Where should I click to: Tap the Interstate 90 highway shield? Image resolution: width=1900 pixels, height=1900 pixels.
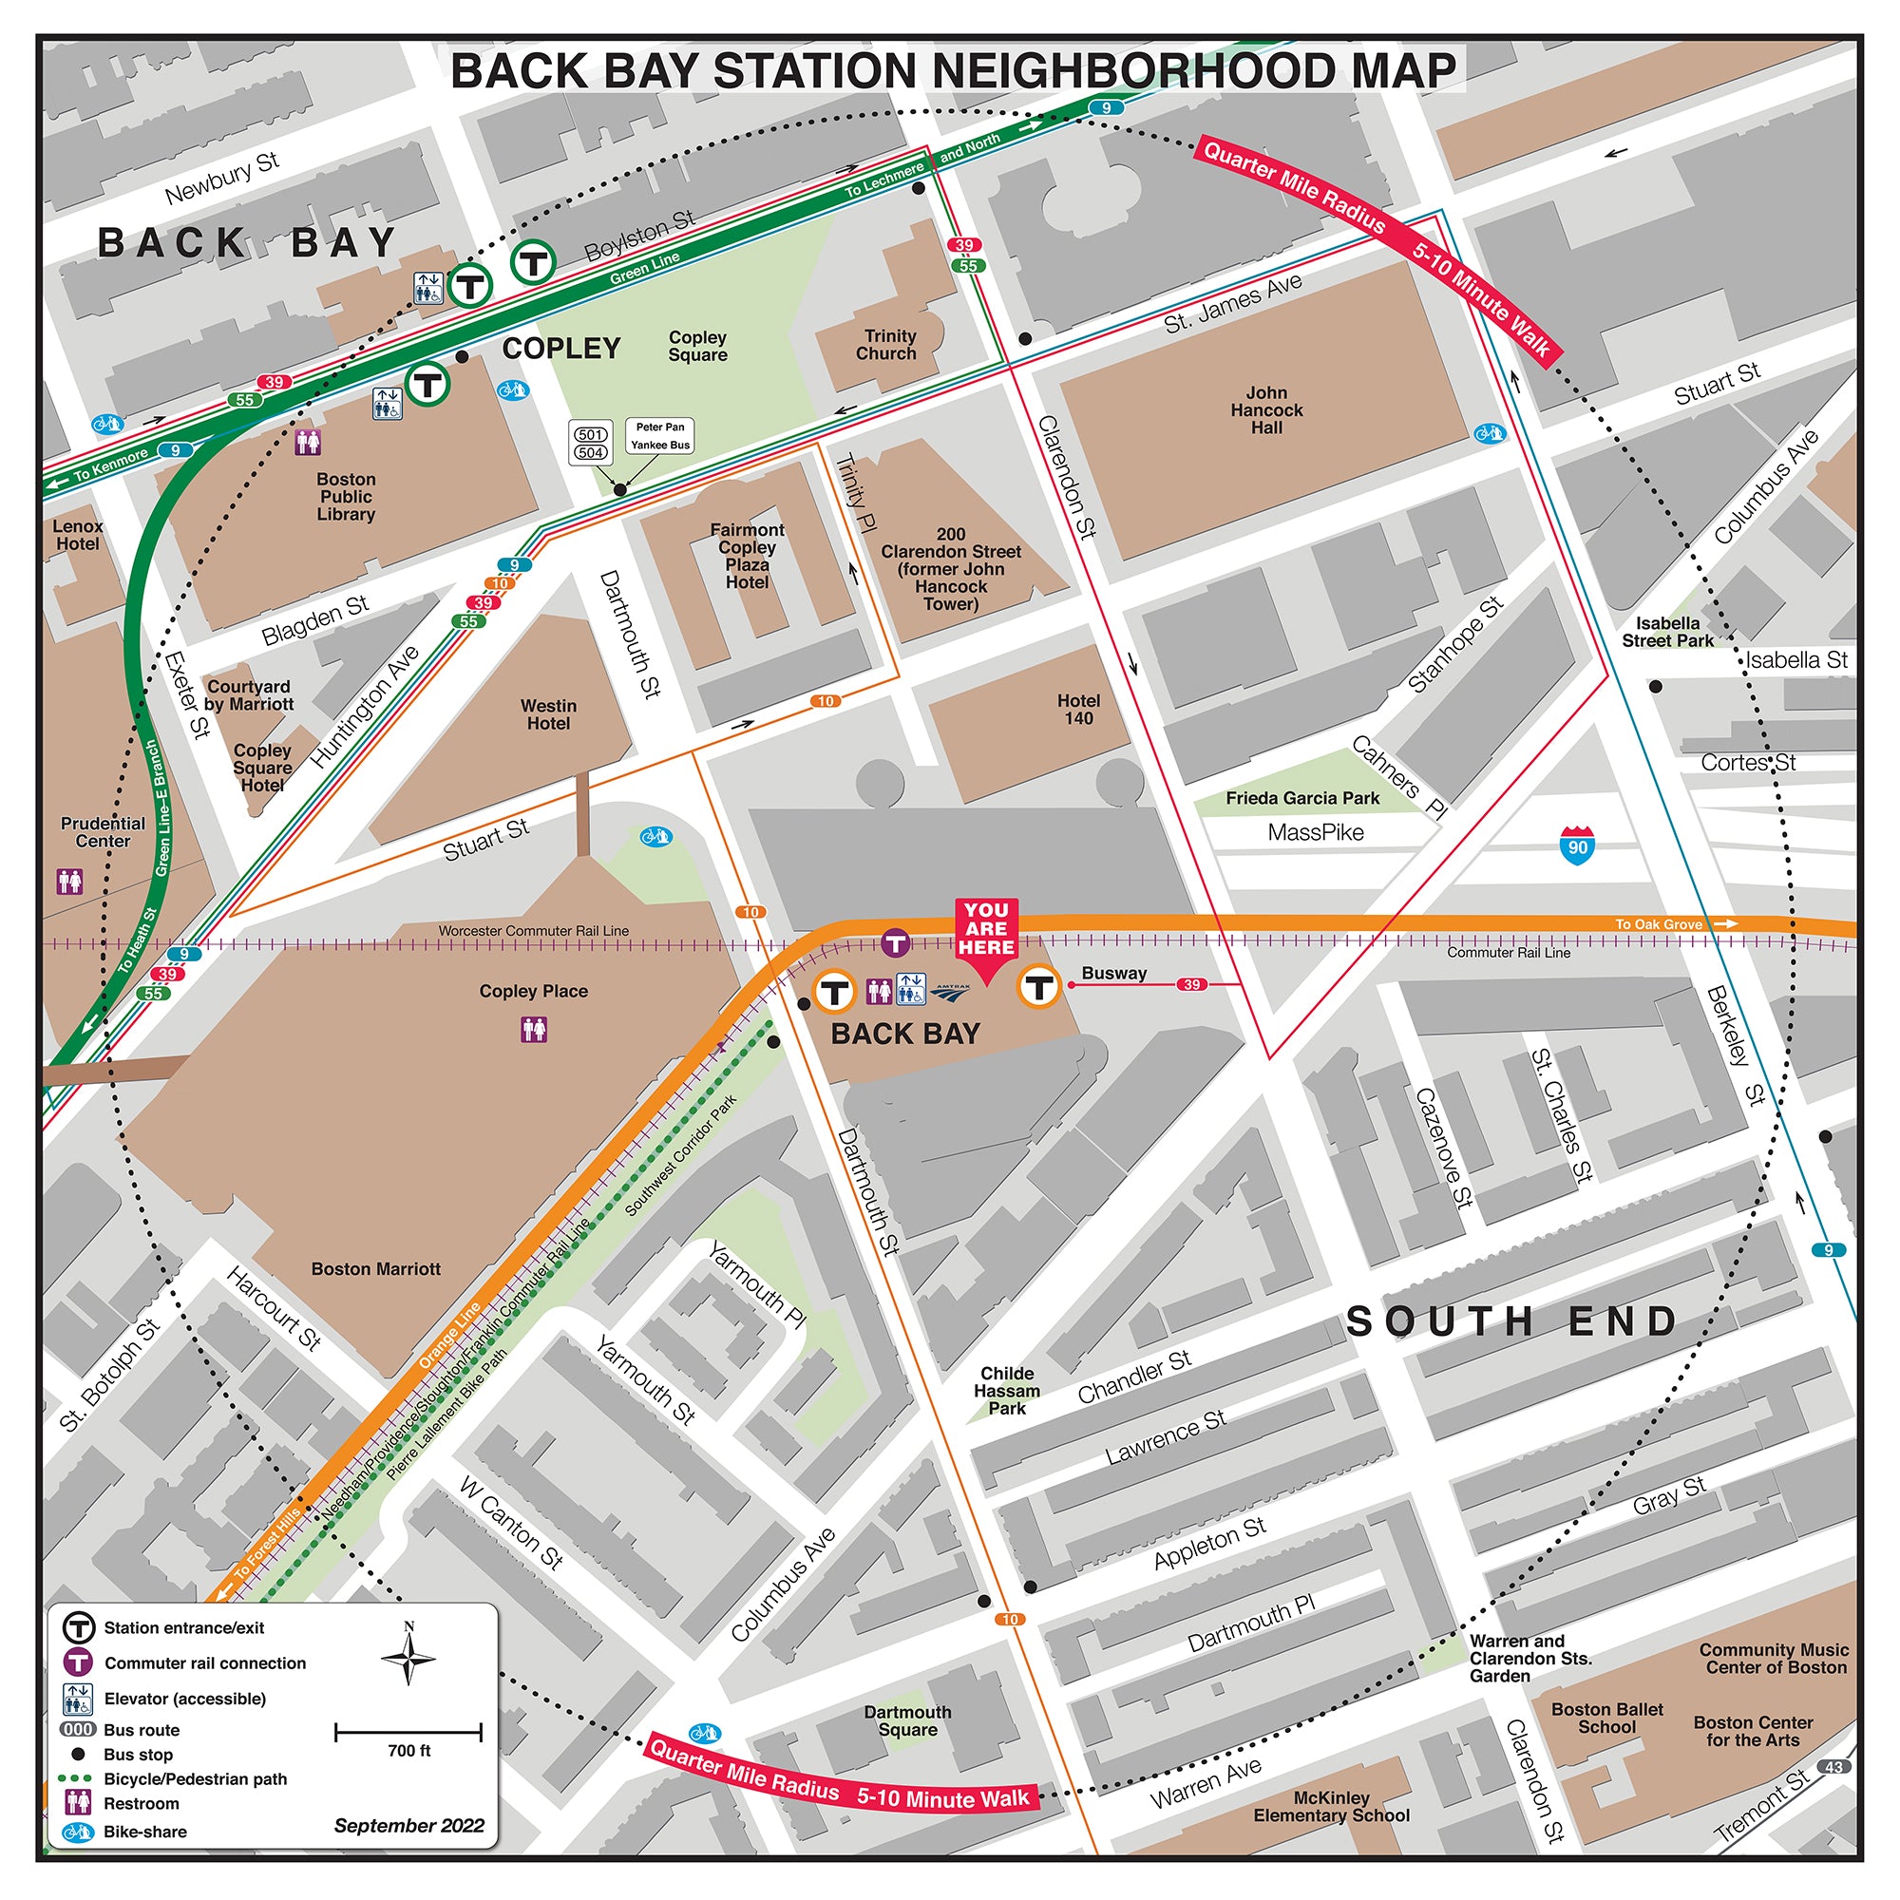[x=1576, y=845]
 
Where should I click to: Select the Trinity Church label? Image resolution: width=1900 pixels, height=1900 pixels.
[x=886, y=345]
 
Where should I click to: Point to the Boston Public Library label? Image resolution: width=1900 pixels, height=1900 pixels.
[x=345, y=497]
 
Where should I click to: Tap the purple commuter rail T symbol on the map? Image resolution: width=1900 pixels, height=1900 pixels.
[x=894, y=944]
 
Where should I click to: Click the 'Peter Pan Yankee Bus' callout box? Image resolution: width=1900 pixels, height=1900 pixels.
[x=660, y=436]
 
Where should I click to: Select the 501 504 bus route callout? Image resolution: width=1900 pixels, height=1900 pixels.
[x=591, y=444]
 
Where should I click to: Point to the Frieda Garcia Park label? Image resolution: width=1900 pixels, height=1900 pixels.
[x=1302, y=799]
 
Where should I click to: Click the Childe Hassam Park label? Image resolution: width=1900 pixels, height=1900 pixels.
[x=1007, y=1391]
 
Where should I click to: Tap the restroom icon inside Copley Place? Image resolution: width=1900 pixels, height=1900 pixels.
[x=534, y=1030]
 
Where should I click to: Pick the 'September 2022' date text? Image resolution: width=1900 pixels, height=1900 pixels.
[x=409, y=1825]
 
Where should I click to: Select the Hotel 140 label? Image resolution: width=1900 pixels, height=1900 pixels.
[x=1078, y=709]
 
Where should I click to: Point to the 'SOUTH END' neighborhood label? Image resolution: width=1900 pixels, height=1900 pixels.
[x=1511, y=1320]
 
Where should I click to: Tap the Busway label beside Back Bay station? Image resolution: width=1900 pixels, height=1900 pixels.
[x=1113, y=973]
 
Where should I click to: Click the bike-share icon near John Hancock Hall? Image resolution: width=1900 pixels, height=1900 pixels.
[x=1489, y=434]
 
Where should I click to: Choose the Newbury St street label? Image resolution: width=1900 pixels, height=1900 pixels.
[x=222, y=178]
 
